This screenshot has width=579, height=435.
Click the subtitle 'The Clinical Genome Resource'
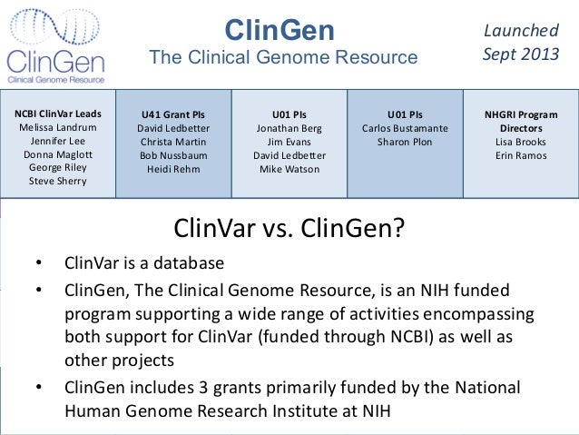click(283, 58)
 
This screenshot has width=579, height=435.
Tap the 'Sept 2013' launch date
click(521, 53)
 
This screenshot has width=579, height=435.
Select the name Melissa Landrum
click(59, 128)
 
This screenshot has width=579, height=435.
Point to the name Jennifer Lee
click(59, 142)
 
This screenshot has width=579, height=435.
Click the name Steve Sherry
click(59, 181)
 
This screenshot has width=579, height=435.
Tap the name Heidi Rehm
click(172, 169)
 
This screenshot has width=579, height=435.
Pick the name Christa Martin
click(172, 143)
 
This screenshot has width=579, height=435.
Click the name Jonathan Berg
click(289, 129)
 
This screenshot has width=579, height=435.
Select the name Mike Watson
click(289, 169)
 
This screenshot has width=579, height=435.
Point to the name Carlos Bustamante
click(405, 129)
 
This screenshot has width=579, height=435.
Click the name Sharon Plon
click(405, 143)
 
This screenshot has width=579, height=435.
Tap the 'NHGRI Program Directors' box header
click(521, 122)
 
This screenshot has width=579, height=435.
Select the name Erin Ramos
click(521, 155)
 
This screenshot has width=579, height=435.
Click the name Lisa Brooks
click(521, 143)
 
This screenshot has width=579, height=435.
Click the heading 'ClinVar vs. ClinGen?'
click(288, 227)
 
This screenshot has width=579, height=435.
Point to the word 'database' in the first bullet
click(188, 264)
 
